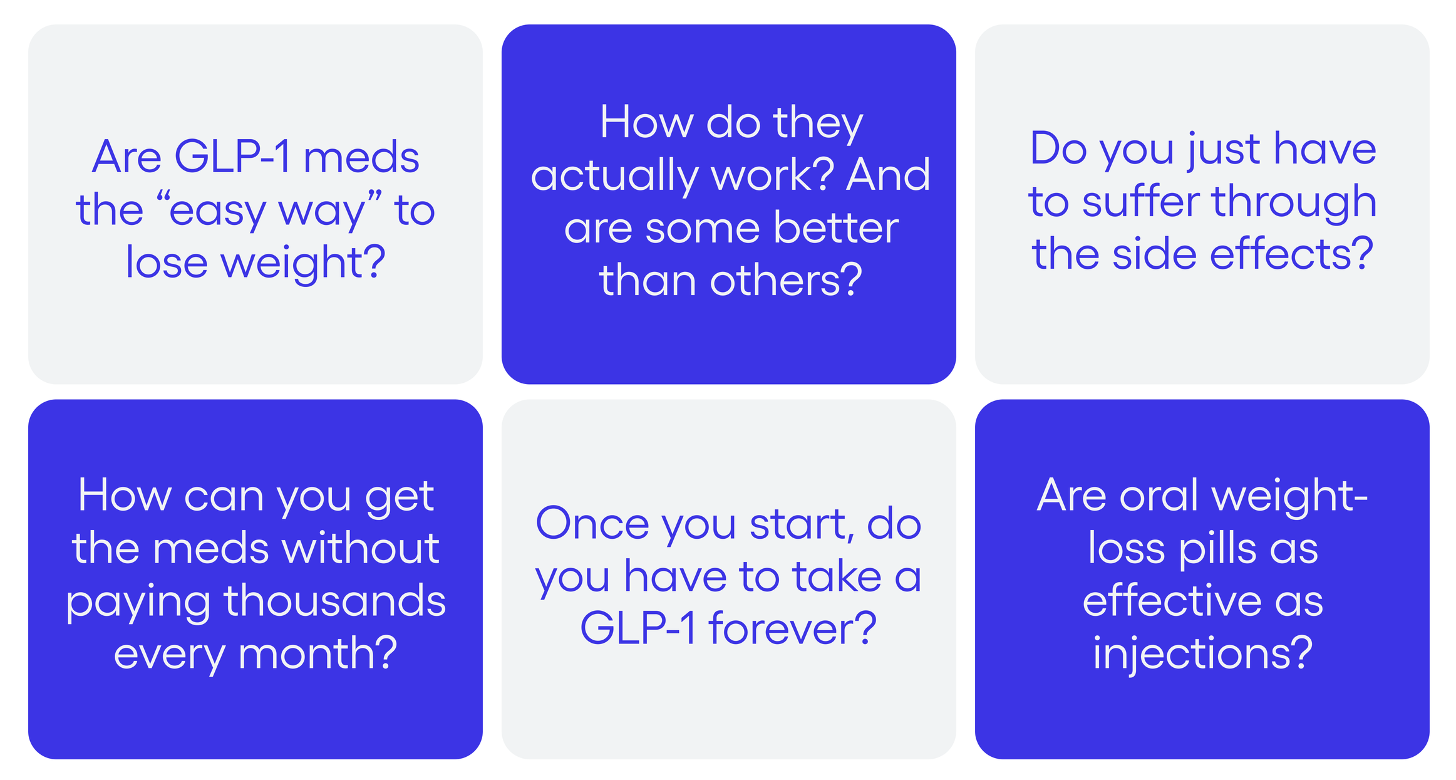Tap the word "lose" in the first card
167,262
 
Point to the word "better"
836,228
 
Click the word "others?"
787,281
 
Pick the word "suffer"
1141,202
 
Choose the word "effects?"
1291,254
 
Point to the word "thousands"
334,601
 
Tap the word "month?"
318,654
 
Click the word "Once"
592,524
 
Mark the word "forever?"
792,629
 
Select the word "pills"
1217,549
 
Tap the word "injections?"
1202,654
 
